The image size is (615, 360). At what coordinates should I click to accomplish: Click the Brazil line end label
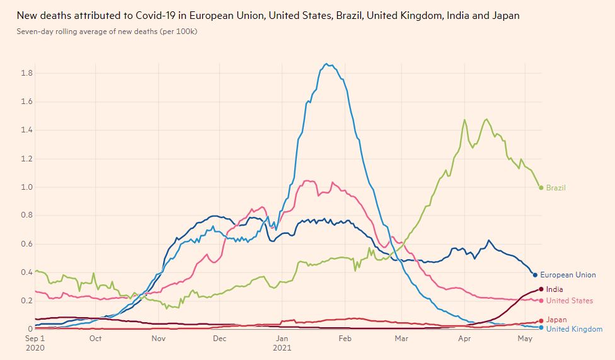click(556, 188)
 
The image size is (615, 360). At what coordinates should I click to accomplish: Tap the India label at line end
click(555, 289)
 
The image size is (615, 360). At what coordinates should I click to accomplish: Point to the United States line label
click(569, 301)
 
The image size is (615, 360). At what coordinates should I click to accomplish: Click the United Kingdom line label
click(574, 329)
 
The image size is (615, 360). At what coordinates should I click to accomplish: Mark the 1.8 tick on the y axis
click(26, 73)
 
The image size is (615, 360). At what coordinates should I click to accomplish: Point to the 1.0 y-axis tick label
click(26, 187)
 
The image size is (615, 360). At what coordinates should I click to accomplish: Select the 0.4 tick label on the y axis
click(26, 272)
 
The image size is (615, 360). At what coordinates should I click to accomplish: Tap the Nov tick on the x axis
click(158, 339)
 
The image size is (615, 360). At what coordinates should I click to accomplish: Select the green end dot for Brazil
click(541, 188)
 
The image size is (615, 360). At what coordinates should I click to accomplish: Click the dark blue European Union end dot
click(535, 275)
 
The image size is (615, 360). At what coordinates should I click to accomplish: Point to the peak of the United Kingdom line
click(326, 64)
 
